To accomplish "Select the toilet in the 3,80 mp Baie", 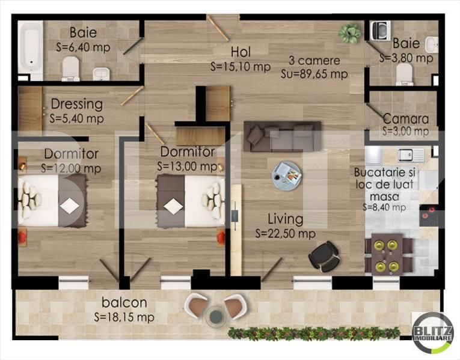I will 405,73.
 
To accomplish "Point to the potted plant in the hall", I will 349,32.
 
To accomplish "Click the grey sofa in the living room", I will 282,136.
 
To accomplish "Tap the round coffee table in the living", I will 287,175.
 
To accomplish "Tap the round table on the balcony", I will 215,315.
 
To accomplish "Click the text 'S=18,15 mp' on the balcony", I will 124,317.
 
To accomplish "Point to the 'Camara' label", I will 405,119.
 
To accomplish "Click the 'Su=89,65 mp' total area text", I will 314,75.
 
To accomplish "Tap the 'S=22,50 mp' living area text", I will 285,233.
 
